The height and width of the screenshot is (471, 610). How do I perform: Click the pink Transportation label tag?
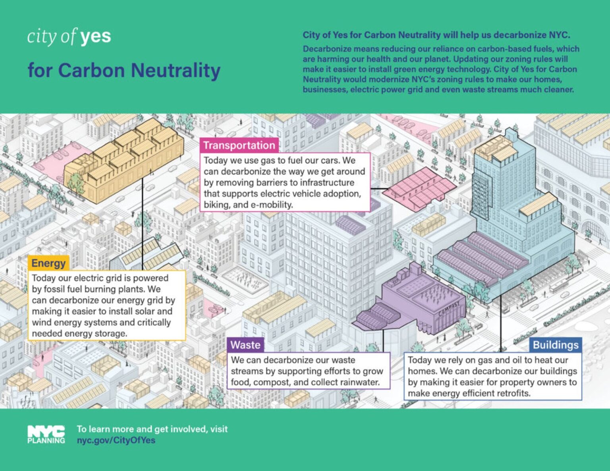(x=239, y=145)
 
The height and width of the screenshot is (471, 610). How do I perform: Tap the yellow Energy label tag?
(x=48, y=263)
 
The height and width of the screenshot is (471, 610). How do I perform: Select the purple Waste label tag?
(x=245, y=345)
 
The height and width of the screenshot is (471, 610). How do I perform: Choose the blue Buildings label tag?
(x=556, y=345)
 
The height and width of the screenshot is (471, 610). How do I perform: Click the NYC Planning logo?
(x=46, y=434)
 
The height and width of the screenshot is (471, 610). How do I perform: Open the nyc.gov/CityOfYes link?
(x=116, y=440)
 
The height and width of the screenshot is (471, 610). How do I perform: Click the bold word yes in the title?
(x=95, y=37)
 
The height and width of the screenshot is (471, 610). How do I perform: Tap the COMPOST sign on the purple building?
(x=450, y=309)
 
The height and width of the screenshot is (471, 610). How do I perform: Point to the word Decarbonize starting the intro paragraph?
(x=327, y=49)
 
